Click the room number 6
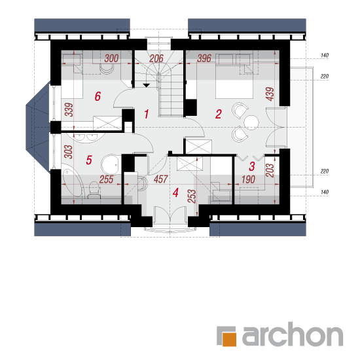[98, 96]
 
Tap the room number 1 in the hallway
[147, 114]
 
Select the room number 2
[219, 114]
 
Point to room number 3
[252, 166]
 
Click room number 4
[175, 192]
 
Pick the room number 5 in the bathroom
[89, 160]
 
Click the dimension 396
[204, 58]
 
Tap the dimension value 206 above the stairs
[156, 58]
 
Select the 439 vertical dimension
[270, 94]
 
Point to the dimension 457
[161, 179]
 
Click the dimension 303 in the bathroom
[69, 152]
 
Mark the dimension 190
[248, 180]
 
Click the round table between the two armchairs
[251, 122]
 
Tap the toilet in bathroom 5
[94, 190]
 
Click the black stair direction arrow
[147, 85]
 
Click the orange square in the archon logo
[229, 339]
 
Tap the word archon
[293, 334]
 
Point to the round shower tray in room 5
[109, 164]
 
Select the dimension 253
[192, 196]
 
